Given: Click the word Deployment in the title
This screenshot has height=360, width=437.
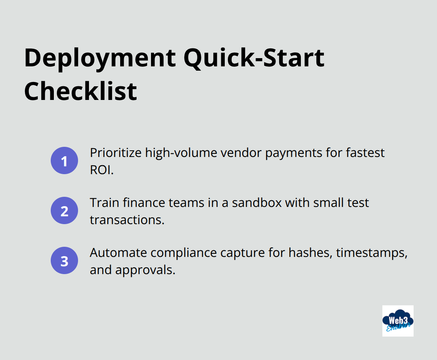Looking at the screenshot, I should click(x=100, y=59).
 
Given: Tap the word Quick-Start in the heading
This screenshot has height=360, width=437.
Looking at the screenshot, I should click(x=254, y=59).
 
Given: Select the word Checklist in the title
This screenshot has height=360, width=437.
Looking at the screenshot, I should click(x=80, y=91).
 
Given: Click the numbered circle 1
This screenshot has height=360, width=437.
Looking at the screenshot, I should click(x=64, y=160).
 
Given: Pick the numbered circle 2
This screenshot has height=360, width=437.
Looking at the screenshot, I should click(x=64, y=210).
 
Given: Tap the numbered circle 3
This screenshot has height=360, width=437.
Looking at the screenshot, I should click(x=64, y=260).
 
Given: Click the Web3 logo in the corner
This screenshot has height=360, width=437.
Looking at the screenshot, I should click(x=398, y=321).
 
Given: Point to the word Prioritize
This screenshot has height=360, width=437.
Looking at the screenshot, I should click(x=115, y=153).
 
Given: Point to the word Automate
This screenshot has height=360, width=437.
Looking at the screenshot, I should click(x=118, y=253).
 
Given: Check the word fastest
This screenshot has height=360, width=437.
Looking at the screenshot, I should click(x=365, y=153).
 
